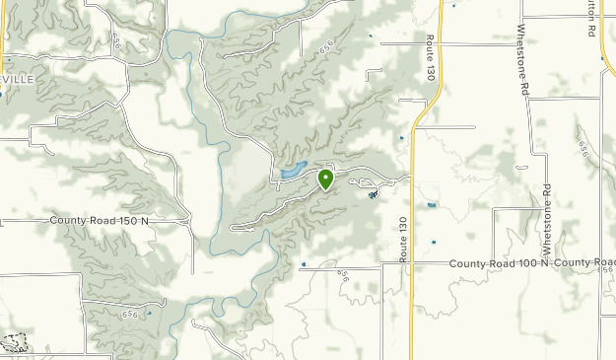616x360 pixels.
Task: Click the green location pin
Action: [x=325, y=180]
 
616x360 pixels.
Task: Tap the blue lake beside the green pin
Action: [x=294, y=171]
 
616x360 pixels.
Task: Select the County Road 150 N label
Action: [x=99, y=220]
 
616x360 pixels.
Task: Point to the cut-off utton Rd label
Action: [x=590, y=16]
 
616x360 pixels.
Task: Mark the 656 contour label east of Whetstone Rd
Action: [x=583, y=148]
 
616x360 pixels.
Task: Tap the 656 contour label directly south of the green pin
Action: [x=344, y=277]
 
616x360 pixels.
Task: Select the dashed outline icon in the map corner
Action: [x=14, y=343]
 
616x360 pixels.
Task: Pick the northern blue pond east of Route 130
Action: [x=431, y=204]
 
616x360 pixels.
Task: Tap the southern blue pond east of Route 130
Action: [x=433, y=241]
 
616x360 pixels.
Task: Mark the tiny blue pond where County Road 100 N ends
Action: [x=304, y=263]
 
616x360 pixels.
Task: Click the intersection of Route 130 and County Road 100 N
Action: [x=411, y=263]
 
